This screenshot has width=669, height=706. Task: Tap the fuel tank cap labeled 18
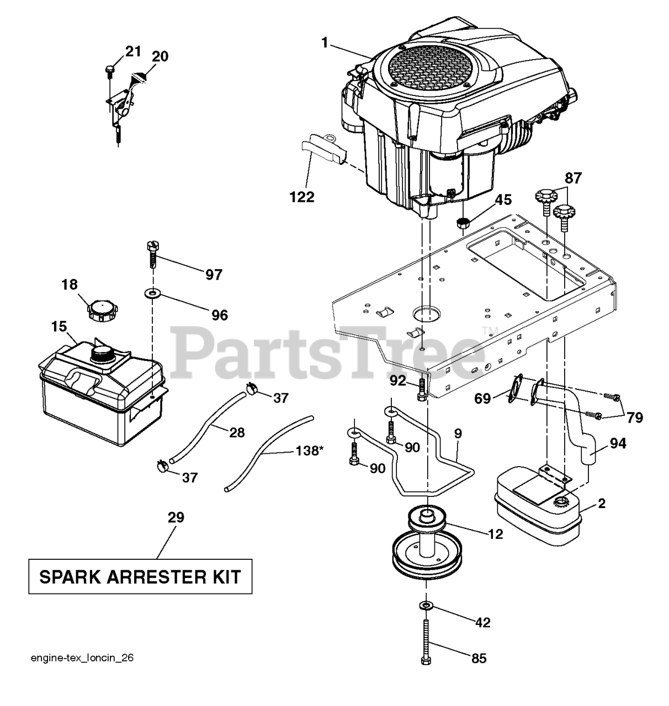[x=101, y=313]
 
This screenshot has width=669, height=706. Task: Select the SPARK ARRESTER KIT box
[x=140, y=577]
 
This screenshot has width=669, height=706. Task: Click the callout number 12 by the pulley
[x=495, y=533]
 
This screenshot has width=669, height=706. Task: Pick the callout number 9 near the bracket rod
[x=458, y=434]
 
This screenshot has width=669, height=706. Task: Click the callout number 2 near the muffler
[x=602, y=503]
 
